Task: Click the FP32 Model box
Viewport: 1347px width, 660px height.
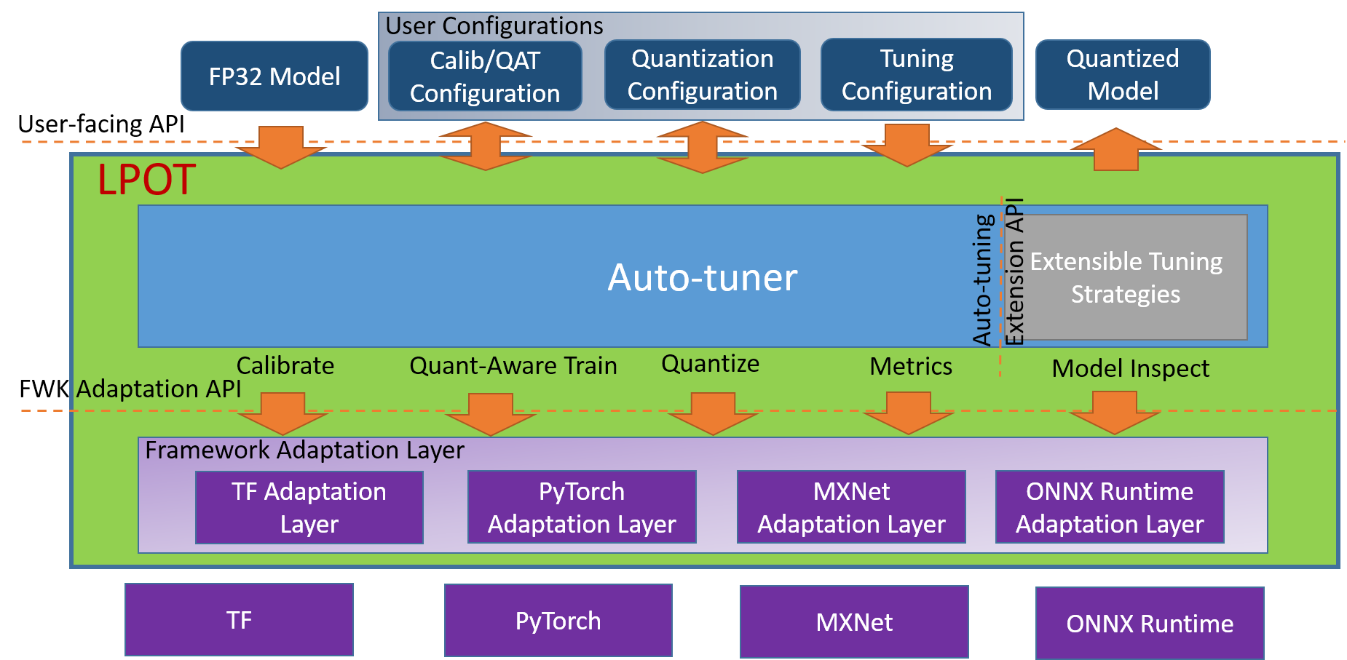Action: coord(274,76)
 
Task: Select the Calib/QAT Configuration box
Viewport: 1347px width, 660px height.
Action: coord(485,76)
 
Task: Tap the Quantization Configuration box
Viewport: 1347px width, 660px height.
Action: coord(702,75)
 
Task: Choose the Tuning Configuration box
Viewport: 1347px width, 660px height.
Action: coord(916,75)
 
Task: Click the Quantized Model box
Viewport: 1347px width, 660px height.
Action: coord(1122,75)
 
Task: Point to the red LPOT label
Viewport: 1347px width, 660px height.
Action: coord(146,180)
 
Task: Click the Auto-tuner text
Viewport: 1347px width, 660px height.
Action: coord(702,277)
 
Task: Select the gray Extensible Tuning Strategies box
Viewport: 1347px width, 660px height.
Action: coord(1126,277)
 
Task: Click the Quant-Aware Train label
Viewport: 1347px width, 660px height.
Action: coord(513,365)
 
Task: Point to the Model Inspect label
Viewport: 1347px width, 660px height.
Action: coord(1130,368)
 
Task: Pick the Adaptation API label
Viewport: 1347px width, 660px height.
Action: coord(159,389)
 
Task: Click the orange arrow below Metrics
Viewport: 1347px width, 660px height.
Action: coord(908,413)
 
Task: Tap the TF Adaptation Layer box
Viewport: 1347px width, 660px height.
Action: coord(309,507)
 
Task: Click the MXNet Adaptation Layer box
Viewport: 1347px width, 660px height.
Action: coord(851,507)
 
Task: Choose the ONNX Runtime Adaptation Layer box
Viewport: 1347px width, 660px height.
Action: coord(1110,507)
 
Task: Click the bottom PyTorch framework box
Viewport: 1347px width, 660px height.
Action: coord(558,621)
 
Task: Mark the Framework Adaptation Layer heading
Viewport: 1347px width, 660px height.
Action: coord(304,450)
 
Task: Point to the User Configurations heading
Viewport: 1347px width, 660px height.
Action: coord(494,26)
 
